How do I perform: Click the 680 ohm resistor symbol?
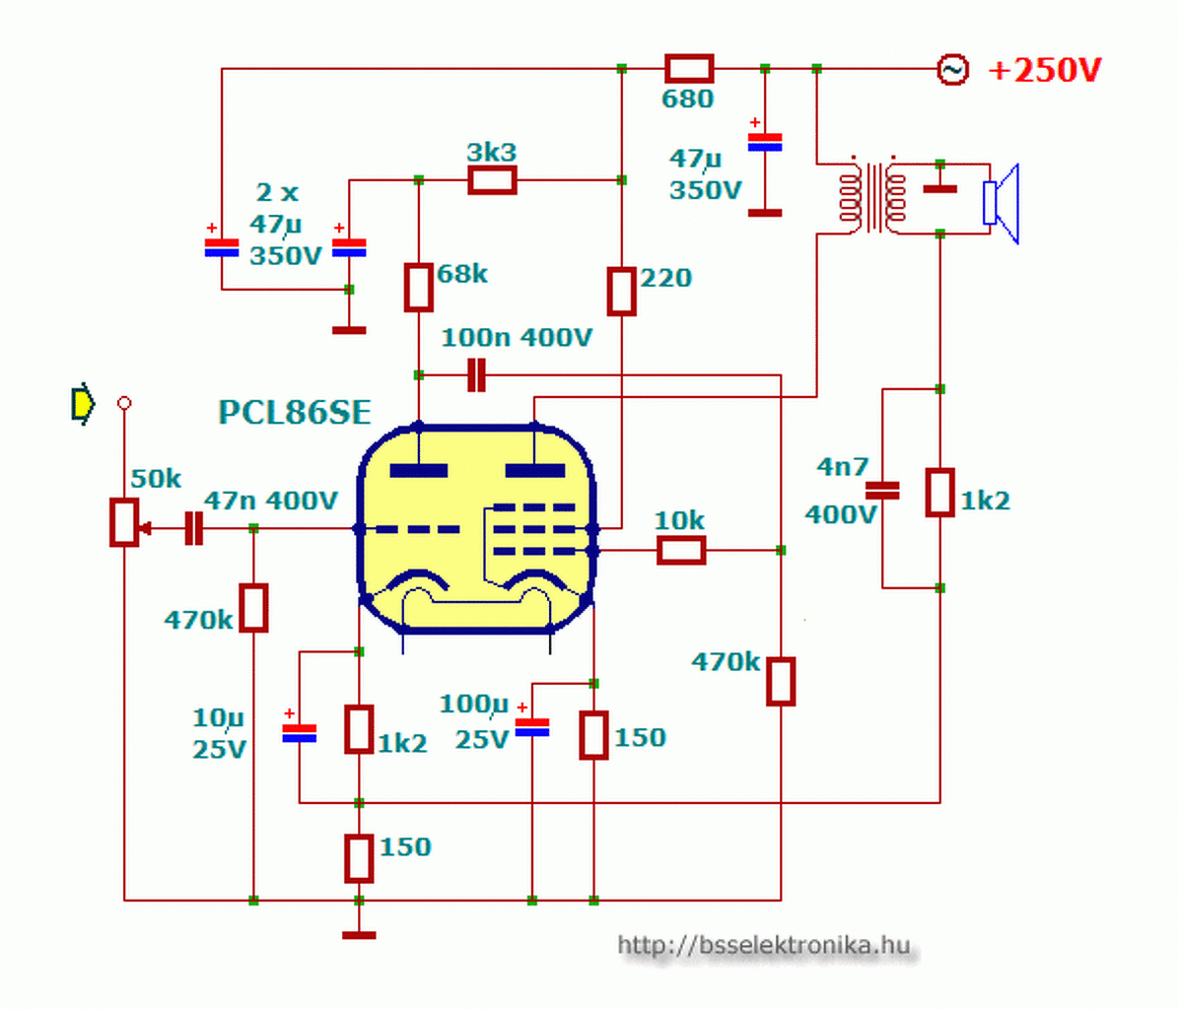click(689, 68)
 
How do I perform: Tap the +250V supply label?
click(1045, 70)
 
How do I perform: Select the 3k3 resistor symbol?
click(492, 180)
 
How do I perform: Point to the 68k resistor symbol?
click(418, 287)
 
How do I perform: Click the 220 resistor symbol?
click(621, 291)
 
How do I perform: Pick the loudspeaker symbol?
click(1002, 203)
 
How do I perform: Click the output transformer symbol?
click(872, 197)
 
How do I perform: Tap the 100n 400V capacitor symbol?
click(476, 374)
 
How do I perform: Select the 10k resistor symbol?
click(681, 550)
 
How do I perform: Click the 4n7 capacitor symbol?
click(882, 491)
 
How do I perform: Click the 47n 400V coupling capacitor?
click(194, 528)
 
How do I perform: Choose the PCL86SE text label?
click(295, 412)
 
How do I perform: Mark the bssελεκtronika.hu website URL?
click(764, 944)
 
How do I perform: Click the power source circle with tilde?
click(952, 70)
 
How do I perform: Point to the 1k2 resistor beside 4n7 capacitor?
click(939, 493)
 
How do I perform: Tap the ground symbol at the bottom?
click(359, 935)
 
